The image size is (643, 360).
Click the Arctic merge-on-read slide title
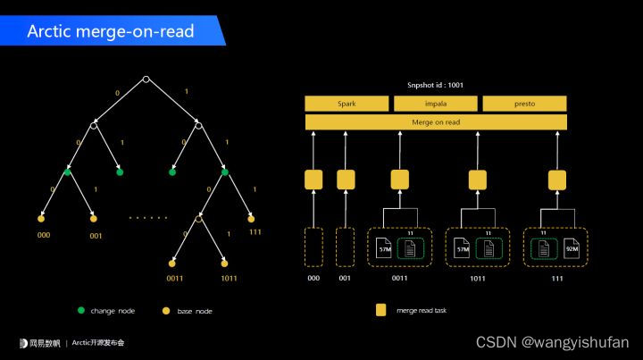111,31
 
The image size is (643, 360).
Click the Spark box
347,104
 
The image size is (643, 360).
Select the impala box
435,104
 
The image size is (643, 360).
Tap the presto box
524,104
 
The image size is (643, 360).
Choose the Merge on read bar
436,122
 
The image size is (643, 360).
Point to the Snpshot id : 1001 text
436,86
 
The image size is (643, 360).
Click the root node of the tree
146,80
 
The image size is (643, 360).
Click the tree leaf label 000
43,236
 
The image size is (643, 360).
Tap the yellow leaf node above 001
94,218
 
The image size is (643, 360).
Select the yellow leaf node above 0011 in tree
171,264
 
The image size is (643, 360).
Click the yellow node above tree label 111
251,218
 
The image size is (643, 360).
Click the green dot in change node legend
81,311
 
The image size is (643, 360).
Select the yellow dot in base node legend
164,311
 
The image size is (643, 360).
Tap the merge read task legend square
381,311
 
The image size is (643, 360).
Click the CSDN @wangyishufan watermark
552,342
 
